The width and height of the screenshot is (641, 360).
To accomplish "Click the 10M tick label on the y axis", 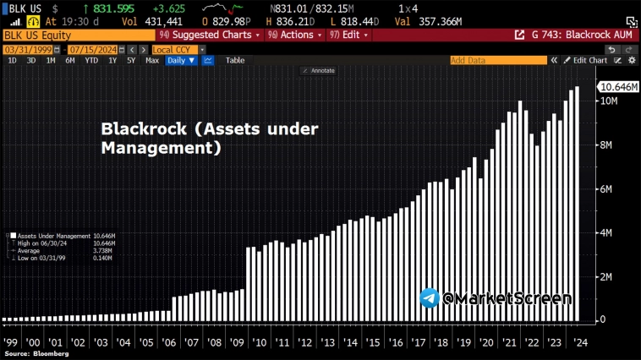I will point(608,101).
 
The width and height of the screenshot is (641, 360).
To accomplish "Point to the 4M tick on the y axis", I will point(605,232).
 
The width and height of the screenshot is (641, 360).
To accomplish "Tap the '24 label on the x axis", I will point(579,343).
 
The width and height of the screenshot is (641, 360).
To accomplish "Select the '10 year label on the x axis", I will point(260,343).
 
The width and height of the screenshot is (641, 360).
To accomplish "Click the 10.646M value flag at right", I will point(617,87).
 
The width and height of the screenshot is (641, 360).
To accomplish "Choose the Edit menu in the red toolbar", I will point(353,35).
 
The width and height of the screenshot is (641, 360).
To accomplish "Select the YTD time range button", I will point(90,61).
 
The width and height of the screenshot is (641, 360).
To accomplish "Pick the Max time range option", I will point(152,61).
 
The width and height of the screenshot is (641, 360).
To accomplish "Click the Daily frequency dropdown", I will point(181,61).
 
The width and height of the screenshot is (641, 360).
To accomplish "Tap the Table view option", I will point(235,61).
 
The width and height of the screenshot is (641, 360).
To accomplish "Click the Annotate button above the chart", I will point(320,71).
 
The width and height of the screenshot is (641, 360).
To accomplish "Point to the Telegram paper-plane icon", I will point(430,298).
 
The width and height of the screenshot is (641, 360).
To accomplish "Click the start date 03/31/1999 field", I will point(22,50).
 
